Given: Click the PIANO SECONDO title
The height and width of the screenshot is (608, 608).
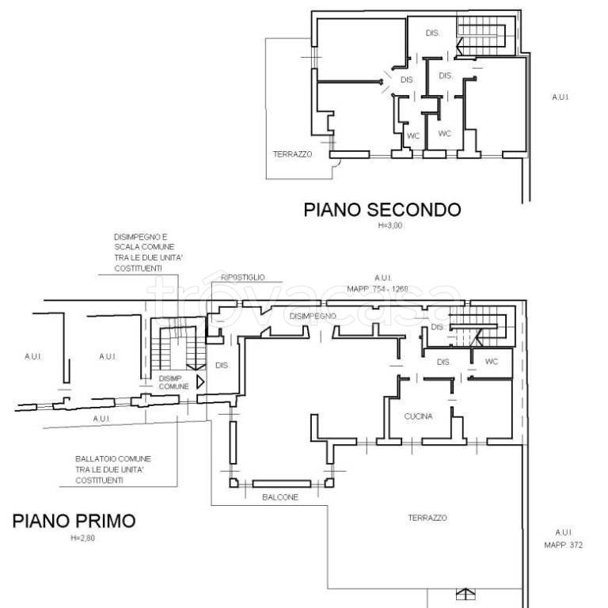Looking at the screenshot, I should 382,210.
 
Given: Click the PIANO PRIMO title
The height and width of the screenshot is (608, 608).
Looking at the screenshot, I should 74,521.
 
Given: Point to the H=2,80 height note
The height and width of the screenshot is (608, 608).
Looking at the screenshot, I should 82,538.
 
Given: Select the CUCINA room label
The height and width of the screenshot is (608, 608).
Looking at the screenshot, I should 418,416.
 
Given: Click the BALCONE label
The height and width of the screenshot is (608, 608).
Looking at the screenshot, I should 280,497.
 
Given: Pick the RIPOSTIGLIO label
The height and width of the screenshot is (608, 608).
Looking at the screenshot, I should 243,278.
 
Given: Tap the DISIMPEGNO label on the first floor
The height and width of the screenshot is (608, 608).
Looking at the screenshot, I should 313,317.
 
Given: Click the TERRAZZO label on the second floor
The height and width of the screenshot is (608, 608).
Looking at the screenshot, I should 293,154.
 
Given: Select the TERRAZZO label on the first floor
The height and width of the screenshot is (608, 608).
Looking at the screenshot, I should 427,518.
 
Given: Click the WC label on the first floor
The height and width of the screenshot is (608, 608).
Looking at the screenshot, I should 492,362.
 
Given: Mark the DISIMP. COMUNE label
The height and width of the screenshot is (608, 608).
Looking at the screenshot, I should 173,382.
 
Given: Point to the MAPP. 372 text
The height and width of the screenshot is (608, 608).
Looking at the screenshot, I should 564,545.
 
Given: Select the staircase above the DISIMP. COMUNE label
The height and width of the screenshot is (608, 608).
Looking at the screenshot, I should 172,345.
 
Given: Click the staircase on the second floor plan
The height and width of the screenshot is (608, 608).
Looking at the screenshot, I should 482,36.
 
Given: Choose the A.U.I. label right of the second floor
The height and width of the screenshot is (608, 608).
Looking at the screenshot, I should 560,97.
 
